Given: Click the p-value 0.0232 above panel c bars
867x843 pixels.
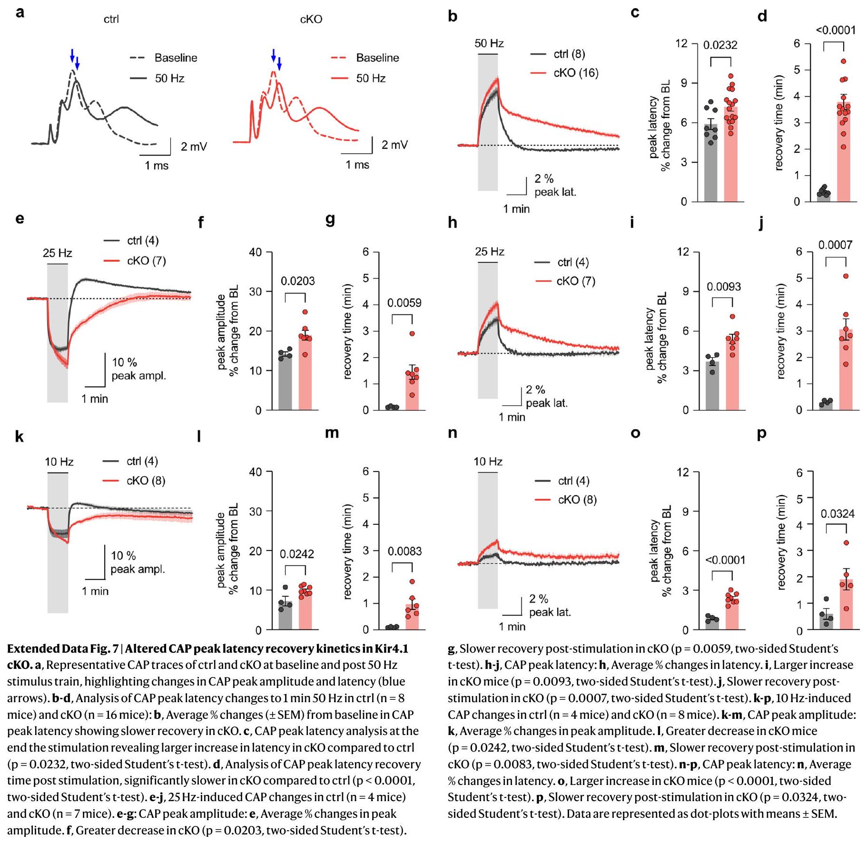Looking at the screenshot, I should click(x=720, y=45).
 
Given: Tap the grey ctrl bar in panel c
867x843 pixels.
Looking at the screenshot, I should click(x=710, y=167).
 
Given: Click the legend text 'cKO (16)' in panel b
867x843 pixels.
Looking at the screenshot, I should click(x=576, y=73).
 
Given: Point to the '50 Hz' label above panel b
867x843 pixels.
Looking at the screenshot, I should click(x=489, y=44).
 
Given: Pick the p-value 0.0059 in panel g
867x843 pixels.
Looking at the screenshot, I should click(x=404, y=303).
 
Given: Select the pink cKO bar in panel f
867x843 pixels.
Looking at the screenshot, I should click(x=305, y=376).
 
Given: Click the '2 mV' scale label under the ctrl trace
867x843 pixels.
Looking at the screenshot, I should click(x=194, y=147).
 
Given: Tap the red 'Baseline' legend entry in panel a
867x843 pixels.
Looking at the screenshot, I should click(x=377, y=58).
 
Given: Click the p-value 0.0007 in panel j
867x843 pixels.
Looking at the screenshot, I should click(x=835, y=245).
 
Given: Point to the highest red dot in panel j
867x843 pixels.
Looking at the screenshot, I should click(x=846, y=276).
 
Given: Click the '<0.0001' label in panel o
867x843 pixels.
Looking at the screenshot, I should click(x=725, y=560).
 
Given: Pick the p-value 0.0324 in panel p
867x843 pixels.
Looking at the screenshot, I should click(x=837, y=514).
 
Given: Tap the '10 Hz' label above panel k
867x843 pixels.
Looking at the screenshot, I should click(x=59, y=462).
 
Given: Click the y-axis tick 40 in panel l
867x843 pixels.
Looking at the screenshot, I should click(x=256, y=472).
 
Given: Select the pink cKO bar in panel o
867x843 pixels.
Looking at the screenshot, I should click(x=732, y=611).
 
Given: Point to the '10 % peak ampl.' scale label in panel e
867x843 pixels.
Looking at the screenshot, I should click(x=138, y=369).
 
